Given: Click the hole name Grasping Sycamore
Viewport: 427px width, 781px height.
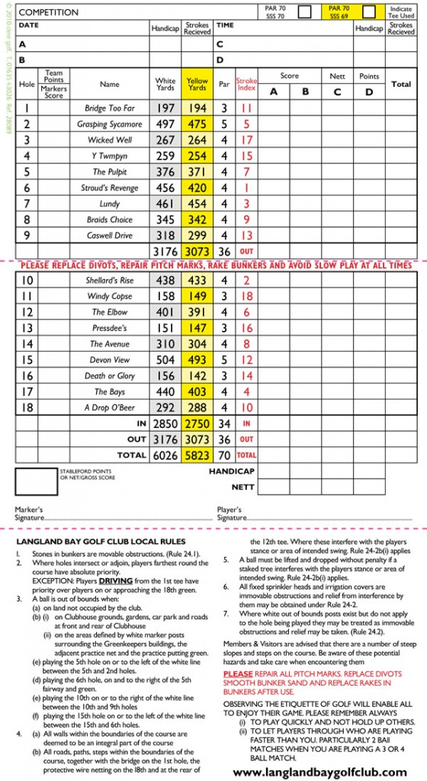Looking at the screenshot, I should click(110, 124).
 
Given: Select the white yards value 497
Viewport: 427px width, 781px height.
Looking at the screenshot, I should click(165, 124).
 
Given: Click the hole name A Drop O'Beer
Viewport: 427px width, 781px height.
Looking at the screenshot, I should click(110, 407).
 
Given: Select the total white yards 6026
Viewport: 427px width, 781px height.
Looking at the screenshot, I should click(165, 455).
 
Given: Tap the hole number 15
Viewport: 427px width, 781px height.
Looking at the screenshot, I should click(27, 360).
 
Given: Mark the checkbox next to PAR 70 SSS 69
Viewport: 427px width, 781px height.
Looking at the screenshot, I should click(369, 11).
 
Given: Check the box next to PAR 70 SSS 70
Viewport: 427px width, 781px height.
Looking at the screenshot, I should click(304, 11).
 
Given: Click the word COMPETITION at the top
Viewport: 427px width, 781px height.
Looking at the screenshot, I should click(48, 12).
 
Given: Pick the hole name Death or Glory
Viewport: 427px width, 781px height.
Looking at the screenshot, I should click(110, 376).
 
